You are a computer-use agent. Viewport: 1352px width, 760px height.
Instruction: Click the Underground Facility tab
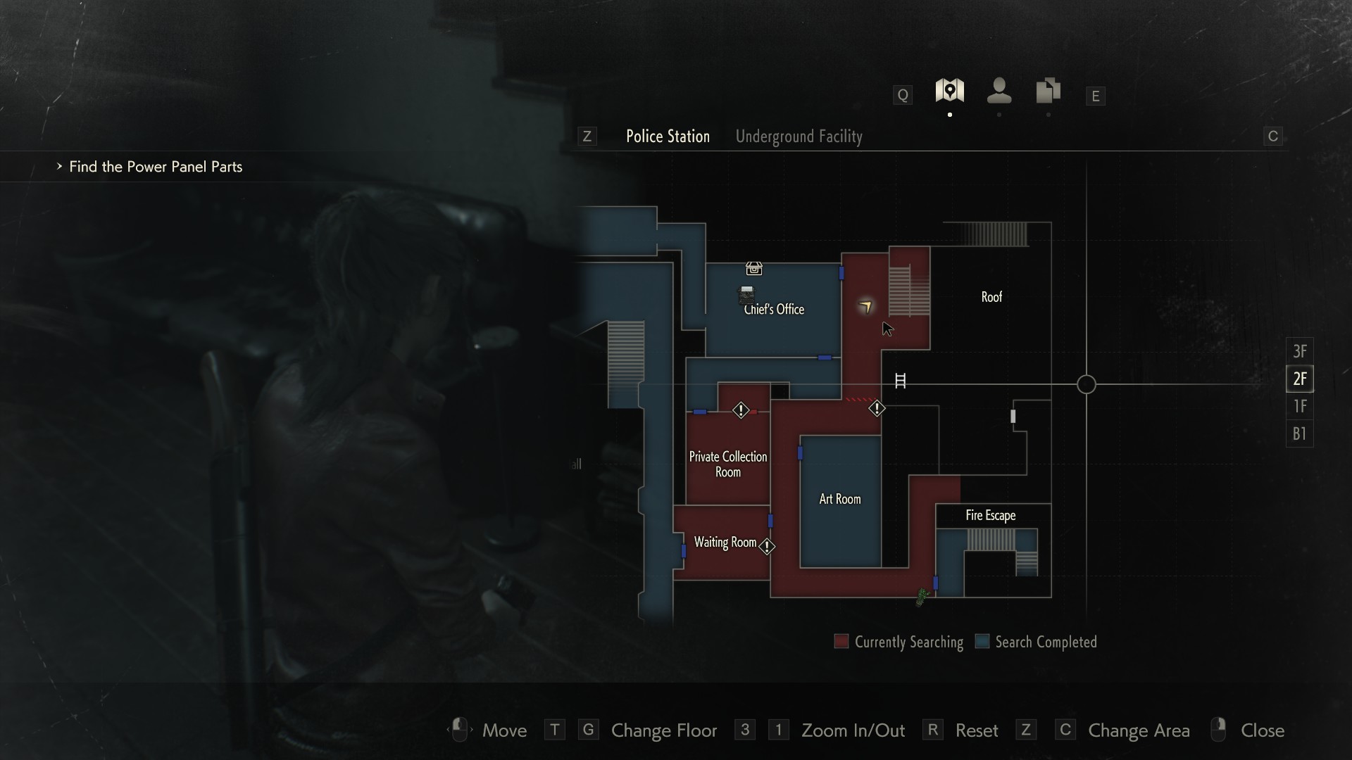[799, 137]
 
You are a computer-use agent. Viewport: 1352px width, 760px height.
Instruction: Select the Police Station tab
[668, 137]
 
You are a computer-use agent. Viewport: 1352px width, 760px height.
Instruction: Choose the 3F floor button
[1299, 351]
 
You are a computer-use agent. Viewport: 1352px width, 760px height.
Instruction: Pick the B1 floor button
[1299, 433]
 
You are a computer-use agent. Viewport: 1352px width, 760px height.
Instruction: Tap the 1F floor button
[1299, 406]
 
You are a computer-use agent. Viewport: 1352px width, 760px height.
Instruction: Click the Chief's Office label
[774, 310]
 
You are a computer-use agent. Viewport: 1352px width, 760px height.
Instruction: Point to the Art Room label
[839, 499]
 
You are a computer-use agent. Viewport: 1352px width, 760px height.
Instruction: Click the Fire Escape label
[990, 515]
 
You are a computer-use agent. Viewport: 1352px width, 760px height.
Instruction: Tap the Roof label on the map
[991, 297]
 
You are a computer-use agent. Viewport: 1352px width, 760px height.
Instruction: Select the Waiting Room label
[725, 542]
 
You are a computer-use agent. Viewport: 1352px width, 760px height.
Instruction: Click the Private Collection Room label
[727, 464]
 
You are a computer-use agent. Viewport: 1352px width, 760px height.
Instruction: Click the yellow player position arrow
[865, 305]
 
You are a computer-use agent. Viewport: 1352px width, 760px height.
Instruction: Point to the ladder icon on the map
[900, 381]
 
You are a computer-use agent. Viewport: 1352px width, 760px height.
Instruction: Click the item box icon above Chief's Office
[753, 268]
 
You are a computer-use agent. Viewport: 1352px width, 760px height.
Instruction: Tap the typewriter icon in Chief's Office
[746, 293]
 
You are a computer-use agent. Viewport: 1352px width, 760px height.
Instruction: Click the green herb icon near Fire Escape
[922, 597]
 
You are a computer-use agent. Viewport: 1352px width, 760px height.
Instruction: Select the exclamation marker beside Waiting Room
[767, 546]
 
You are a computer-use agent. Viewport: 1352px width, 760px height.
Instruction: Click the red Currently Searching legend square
[841, 641]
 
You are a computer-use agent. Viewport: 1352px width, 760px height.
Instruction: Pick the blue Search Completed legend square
[982, 641]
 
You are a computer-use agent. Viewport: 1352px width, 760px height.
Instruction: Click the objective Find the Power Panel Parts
[155, 167]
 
